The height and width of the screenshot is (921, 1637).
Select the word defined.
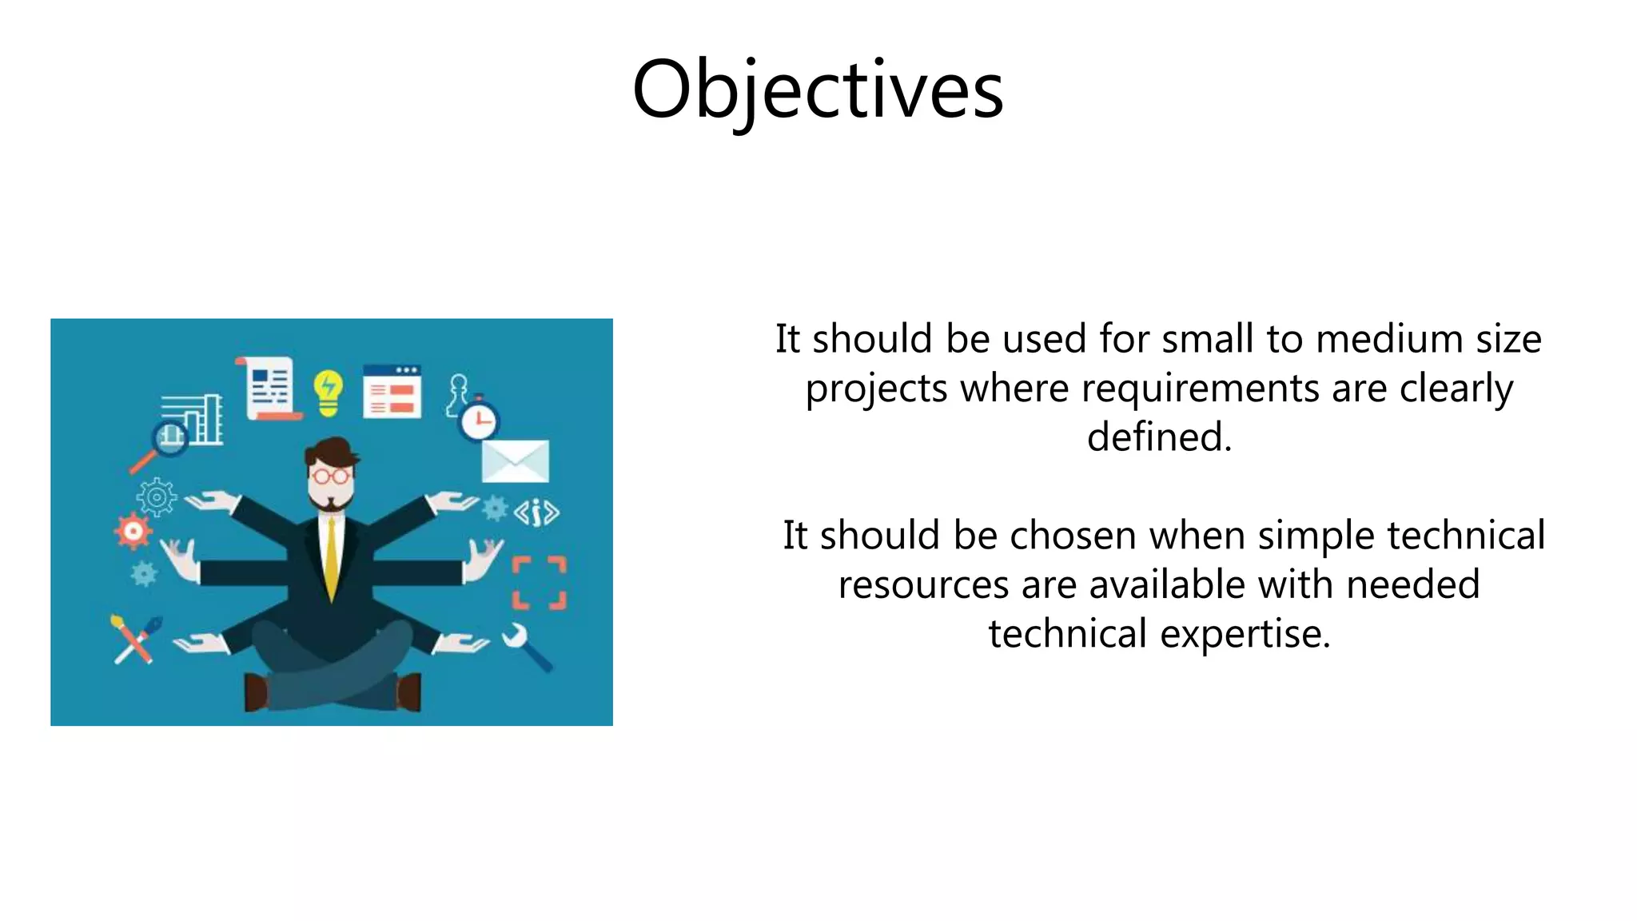(x=1158, y=437)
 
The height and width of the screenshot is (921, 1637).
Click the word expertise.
(x=1245, y=633)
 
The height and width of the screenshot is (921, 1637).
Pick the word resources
(x=922, y=584)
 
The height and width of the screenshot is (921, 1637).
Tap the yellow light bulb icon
(x=328, y=392)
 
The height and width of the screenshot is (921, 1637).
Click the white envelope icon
(x=516, y=460)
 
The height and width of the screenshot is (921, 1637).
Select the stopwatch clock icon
(x=479, y=419)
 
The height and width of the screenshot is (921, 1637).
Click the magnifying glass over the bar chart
(x=169, y=438)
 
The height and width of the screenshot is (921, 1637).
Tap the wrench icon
(x=525, y=645)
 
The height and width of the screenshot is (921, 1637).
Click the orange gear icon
(x=133, y=532)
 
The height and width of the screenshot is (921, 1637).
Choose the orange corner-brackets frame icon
(x=539, y=582)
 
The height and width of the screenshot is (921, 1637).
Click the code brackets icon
(x=536, y=512)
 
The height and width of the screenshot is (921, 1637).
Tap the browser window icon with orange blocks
(x=392, y=392)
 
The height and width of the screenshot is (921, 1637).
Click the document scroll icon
(x=270, y=388)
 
